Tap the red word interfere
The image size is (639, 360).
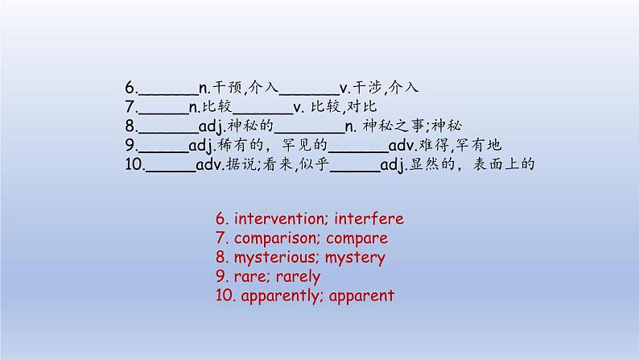point(369,218)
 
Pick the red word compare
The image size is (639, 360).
point(357,239)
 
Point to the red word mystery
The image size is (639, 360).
point(355,258)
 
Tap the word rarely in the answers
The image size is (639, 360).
point(298,277)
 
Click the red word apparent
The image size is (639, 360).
point(361,296)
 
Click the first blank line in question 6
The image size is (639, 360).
point(168,94)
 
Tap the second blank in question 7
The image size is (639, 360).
point(262,114)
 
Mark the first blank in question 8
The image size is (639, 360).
point(168,133)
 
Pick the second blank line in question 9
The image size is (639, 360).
point(358,151)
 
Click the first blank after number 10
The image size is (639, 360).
point(171,171)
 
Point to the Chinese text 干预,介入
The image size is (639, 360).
point(245,87)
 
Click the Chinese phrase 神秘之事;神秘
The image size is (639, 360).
point(412,126)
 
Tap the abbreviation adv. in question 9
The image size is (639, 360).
point(402,145)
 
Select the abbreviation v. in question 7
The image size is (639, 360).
point(299,107)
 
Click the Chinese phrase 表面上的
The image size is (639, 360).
point(504,164)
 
